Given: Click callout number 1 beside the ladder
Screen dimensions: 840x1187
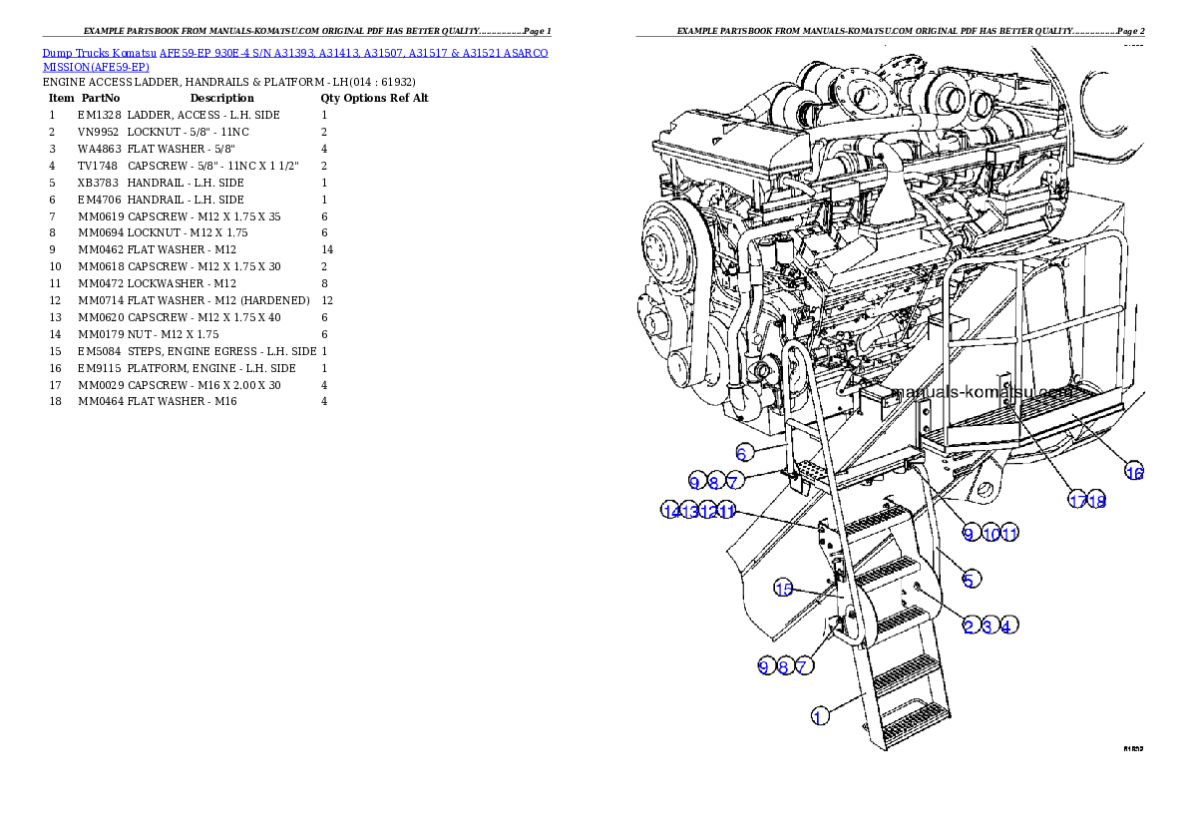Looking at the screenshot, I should (x=819, y=715).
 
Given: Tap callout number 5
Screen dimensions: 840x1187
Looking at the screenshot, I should (x=970, y=577).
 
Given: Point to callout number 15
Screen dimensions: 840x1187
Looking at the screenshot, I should (x=784, y=589).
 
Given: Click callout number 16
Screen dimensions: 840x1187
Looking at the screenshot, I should (x=1134, y=472).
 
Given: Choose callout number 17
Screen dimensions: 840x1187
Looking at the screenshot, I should (x=1078, y=501).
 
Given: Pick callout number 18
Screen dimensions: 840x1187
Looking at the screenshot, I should (x=1097, y=501).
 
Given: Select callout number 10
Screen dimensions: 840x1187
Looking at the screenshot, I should (x=990, y=534).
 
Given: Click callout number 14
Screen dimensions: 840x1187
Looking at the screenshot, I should (x=670, y=511).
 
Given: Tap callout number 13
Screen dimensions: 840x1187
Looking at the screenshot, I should (x=689, y=511).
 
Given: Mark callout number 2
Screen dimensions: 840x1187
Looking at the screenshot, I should (x=969, y=626).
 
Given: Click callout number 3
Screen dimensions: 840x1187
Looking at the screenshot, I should (x=988, y=626).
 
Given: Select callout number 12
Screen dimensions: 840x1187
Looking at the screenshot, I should (x=708, y=511).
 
